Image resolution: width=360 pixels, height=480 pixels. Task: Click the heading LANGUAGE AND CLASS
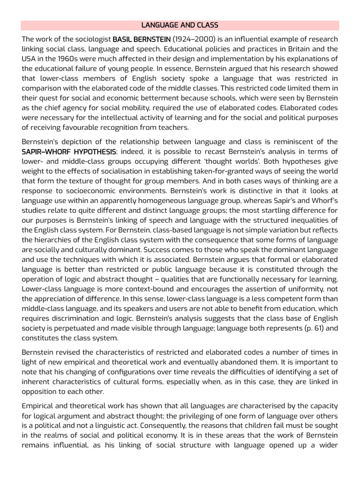tap(180, 25)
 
